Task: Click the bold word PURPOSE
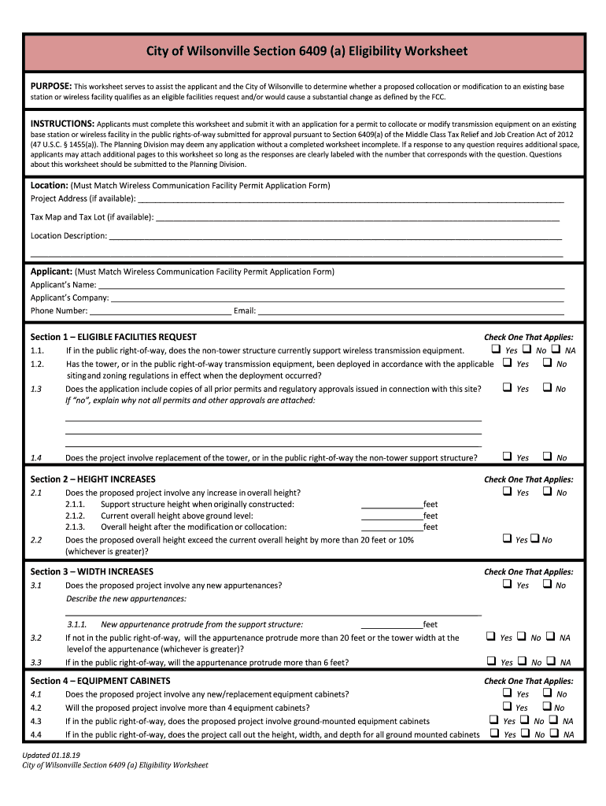pyautogui.click(x=51, y=85)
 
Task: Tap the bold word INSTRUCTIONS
pyautogui.click(x=62, y=124)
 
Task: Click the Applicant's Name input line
pyautogui.click(x=331, y=285)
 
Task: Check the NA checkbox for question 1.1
pyautogui.click(x=556, y=349)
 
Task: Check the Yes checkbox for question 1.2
pyautogui.click(x=508, y=364)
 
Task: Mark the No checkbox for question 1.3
pyautogui.click(x=547, y=388)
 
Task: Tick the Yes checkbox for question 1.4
pyautogui.click(x=508, y=457)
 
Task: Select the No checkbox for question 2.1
pyautogui.click(x=547, y=492)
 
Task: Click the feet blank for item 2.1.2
pyautogui.click(x=391, y=516)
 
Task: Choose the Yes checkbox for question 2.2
pyautogui.click(x=507, y=539)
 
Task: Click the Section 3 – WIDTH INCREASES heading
pyautogui.click(x=91, y=572)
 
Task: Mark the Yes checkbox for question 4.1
pyautogui.click(x=508, y=693)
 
